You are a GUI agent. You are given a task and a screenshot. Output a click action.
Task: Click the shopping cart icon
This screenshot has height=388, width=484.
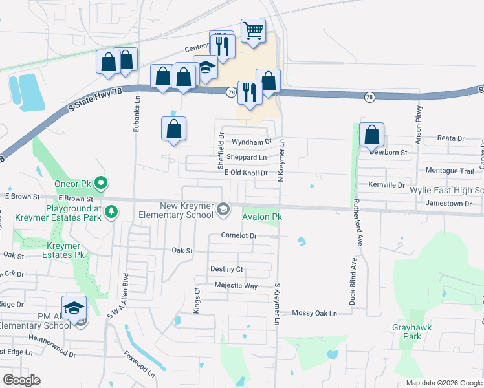click(253, 30)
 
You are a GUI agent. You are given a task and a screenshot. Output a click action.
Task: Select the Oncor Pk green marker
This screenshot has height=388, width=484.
click(101, 184)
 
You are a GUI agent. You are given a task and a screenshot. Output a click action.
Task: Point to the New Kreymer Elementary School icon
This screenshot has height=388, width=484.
click(223, 208)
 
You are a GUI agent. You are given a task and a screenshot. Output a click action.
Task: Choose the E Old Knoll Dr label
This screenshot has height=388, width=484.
click(246, 173)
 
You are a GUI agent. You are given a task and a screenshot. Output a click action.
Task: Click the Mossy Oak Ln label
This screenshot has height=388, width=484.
click(314, 313)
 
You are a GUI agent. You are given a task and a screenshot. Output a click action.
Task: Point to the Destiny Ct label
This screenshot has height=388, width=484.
click(226, 268)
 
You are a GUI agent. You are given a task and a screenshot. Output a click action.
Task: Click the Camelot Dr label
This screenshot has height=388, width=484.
click(239, 236)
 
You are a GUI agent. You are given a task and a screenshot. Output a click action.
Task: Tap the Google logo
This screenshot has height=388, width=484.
click(21, 380)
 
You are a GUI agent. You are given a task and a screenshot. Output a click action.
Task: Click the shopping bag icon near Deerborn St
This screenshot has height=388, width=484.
click(371, 135)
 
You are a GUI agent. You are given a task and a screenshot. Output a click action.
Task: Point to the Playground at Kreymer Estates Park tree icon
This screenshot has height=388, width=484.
click(111, 211)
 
